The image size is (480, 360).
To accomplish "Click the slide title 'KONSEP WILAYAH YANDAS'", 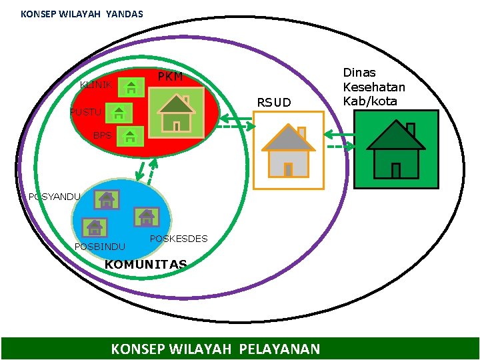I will point(81,13).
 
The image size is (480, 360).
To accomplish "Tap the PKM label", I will point(170,77).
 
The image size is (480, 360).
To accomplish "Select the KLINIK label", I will point(95,85).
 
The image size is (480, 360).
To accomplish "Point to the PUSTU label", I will point(85,112).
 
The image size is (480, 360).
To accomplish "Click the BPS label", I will point(102,135).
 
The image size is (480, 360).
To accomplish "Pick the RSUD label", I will point(274,103).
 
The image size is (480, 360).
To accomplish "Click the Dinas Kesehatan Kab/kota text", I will point(373,87).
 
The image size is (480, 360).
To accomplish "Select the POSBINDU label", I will point(99,247).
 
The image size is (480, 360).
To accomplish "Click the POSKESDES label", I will point(179,239).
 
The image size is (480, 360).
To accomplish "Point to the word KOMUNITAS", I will point(145,265).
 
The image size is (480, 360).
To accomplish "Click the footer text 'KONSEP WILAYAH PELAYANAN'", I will point(215,349).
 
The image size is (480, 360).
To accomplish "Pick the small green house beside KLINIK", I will point(133,87).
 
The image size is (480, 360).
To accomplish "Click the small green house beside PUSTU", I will point(119,113).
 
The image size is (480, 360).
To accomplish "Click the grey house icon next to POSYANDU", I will point(107,199).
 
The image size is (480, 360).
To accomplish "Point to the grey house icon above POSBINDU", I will point(95,227).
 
